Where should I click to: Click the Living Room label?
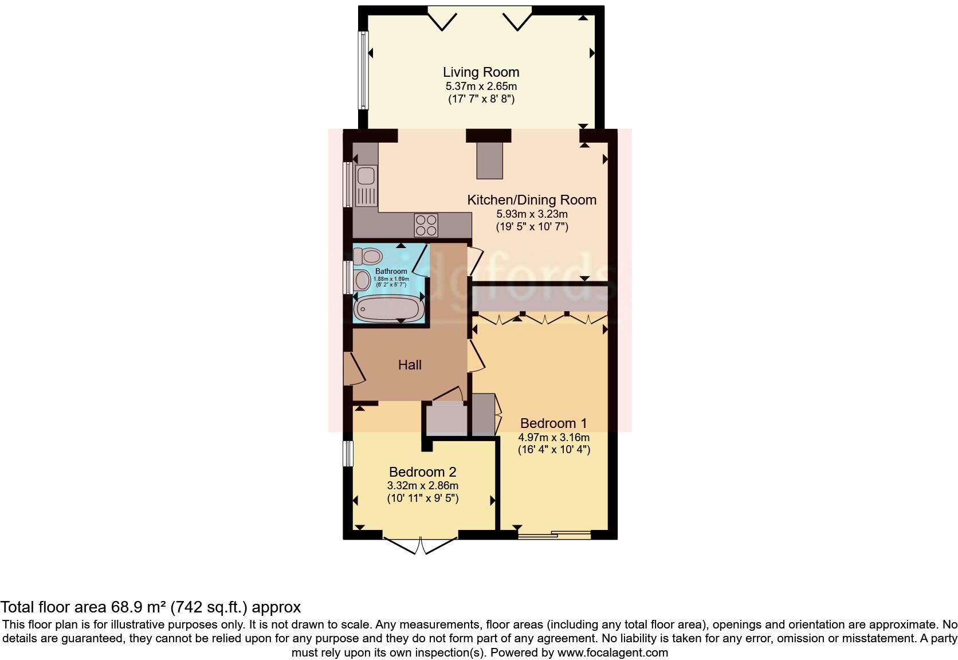click(481, 72)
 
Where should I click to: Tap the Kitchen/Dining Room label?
click(532, 200)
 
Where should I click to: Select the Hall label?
click(410, 365)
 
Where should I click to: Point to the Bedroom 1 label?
click(553, 423)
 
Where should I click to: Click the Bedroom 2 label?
click(422, 472)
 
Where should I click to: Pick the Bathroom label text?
click(391, 271)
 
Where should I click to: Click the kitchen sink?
click(365, 186)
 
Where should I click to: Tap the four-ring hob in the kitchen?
click(426, 225)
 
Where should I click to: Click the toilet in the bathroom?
click(367, 256)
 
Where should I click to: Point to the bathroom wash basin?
click(362, 281)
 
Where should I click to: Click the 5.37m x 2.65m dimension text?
click(481, 87)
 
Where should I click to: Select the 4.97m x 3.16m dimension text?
click(553, 437)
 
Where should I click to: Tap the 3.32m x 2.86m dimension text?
click(422, 486)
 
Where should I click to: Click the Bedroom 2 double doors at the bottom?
click(420, 545)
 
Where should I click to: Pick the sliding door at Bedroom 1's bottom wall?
click(553, 535)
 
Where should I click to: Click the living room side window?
click(362, 70)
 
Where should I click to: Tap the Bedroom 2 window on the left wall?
click(347, 453)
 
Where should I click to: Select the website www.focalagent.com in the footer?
click(613, 652)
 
